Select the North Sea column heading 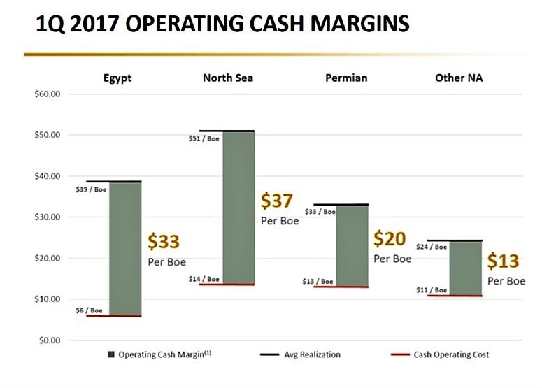point(228,78)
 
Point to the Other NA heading point(459,78)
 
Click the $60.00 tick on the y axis point(48,94)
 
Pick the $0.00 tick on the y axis point(50,340)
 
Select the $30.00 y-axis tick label point(48,217)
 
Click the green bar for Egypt point(125,249)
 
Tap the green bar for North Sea point(238,208)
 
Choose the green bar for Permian point(352,245)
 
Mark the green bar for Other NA point(465,268)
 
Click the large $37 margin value point(278,201)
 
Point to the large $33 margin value point(164,242)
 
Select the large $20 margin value point(390,239)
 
